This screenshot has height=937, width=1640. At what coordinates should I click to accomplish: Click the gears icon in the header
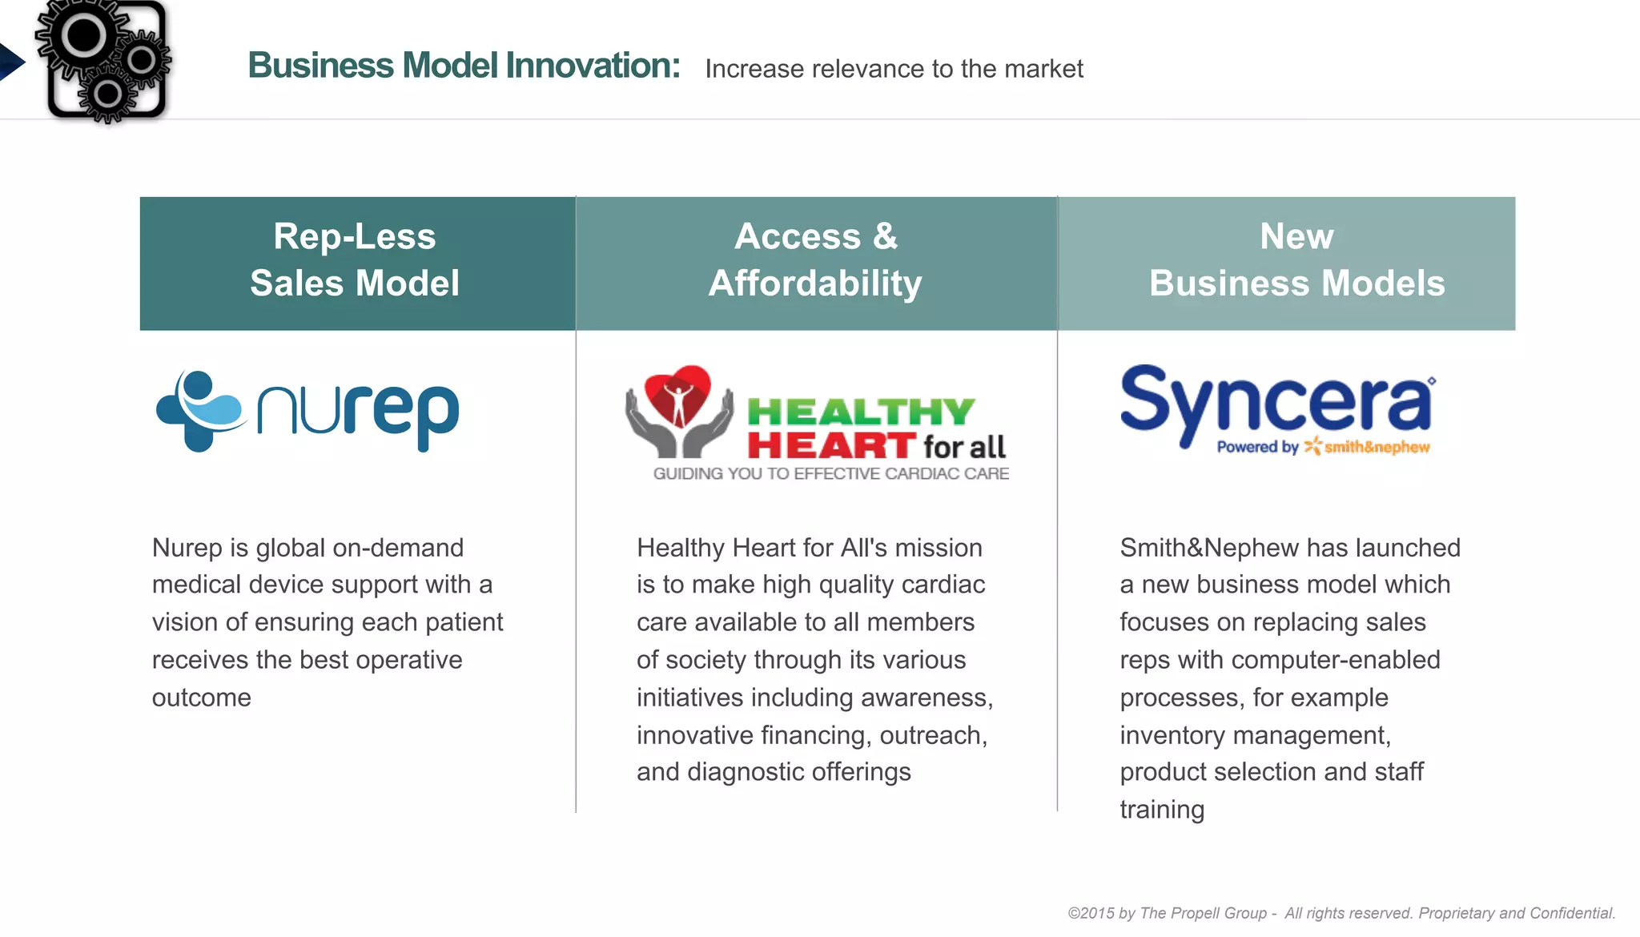click(x=104, y=61)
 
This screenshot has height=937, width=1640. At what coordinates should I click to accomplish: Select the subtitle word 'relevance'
click(x=878, y=69)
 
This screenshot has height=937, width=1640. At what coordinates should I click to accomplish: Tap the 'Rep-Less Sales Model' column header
click(x=356, y=260)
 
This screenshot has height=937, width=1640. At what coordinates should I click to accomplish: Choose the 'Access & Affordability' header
click(x=815, y=260)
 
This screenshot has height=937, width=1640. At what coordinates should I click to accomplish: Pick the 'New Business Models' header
click(x=1296, y=260)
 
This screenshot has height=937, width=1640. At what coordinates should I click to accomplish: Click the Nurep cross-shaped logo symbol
click(x=199, y=411)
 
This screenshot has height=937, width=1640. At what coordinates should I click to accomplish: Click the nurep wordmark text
click(x=358, y=412)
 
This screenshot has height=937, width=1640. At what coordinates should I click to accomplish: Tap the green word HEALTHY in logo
click(x=861, y=412)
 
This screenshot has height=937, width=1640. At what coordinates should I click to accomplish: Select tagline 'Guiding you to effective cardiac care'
click(x=830, y=474)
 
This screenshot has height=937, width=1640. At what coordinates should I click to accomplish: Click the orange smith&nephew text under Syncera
click(x=1376, y=447)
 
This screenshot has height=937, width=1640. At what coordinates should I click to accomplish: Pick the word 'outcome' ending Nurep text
click(x=201, y=698)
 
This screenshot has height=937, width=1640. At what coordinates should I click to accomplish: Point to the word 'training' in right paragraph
click(x=1161, y=810)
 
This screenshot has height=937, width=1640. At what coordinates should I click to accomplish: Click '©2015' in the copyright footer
click(x=1091, y=913)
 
